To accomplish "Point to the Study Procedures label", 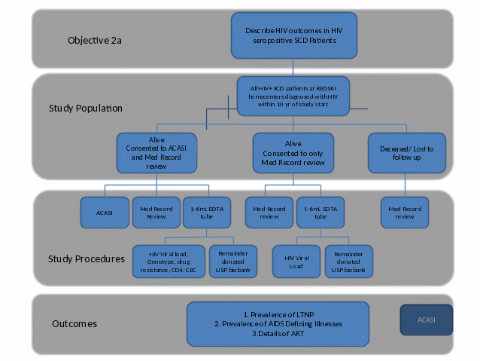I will click(x=87, y=259).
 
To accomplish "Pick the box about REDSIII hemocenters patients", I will click(x=292, y=96).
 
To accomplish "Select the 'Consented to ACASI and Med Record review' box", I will click(x=156, y=154).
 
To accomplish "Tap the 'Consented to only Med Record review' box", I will click(x=293, y=154).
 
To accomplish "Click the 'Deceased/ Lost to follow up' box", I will click(x=406, y=153).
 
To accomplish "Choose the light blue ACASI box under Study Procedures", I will click(x=104, y=213).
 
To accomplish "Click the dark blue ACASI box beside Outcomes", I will click(x=426, y=320).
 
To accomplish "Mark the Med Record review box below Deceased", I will click(x=404, y=213).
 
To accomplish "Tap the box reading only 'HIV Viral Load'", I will click(x=295, y=262).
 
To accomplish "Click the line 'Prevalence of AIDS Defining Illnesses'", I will click(x=278, y=323).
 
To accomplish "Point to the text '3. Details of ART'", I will click(x=278, y=333).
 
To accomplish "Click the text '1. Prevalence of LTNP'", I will click(x=278, y=313).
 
